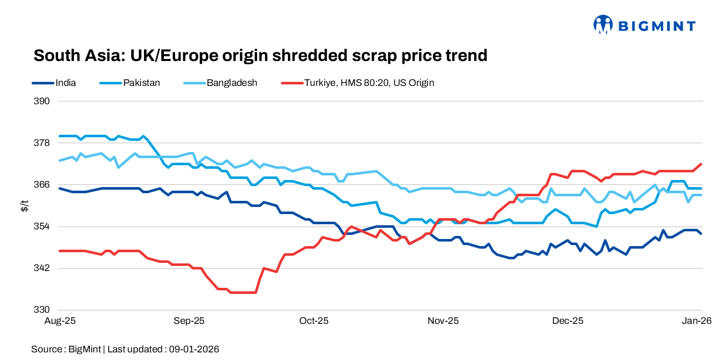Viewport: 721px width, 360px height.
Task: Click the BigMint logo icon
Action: pos(603,24)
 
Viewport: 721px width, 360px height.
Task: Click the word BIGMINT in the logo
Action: pos(656,25)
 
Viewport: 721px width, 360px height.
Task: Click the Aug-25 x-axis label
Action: pos(60,321)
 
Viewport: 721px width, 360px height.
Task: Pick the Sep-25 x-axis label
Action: pos(189,321)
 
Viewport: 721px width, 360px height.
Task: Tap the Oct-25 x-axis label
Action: pos(314,321)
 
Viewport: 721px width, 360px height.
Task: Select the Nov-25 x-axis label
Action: pos(443,321)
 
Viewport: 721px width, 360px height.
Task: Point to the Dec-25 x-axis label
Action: pos(568,321)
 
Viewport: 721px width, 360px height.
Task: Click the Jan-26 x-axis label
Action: pos(696,321)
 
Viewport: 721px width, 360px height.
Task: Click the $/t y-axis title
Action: pos(23,205)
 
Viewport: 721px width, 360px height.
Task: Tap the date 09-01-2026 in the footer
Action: pos(194,349)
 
